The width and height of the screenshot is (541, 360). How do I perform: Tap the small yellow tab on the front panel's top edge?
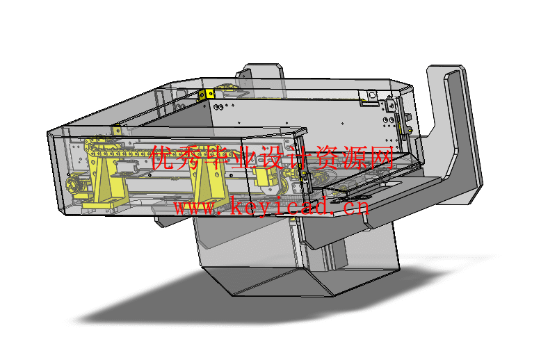pyautogui.click(x=116, y=130)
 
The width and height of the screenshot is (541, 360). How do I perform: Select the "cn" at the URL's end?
pyautogui.click(x=355, y=207)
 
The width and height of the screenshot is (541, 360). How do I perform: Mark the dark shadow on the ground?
pyautogui.click(x=174, y=306)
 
